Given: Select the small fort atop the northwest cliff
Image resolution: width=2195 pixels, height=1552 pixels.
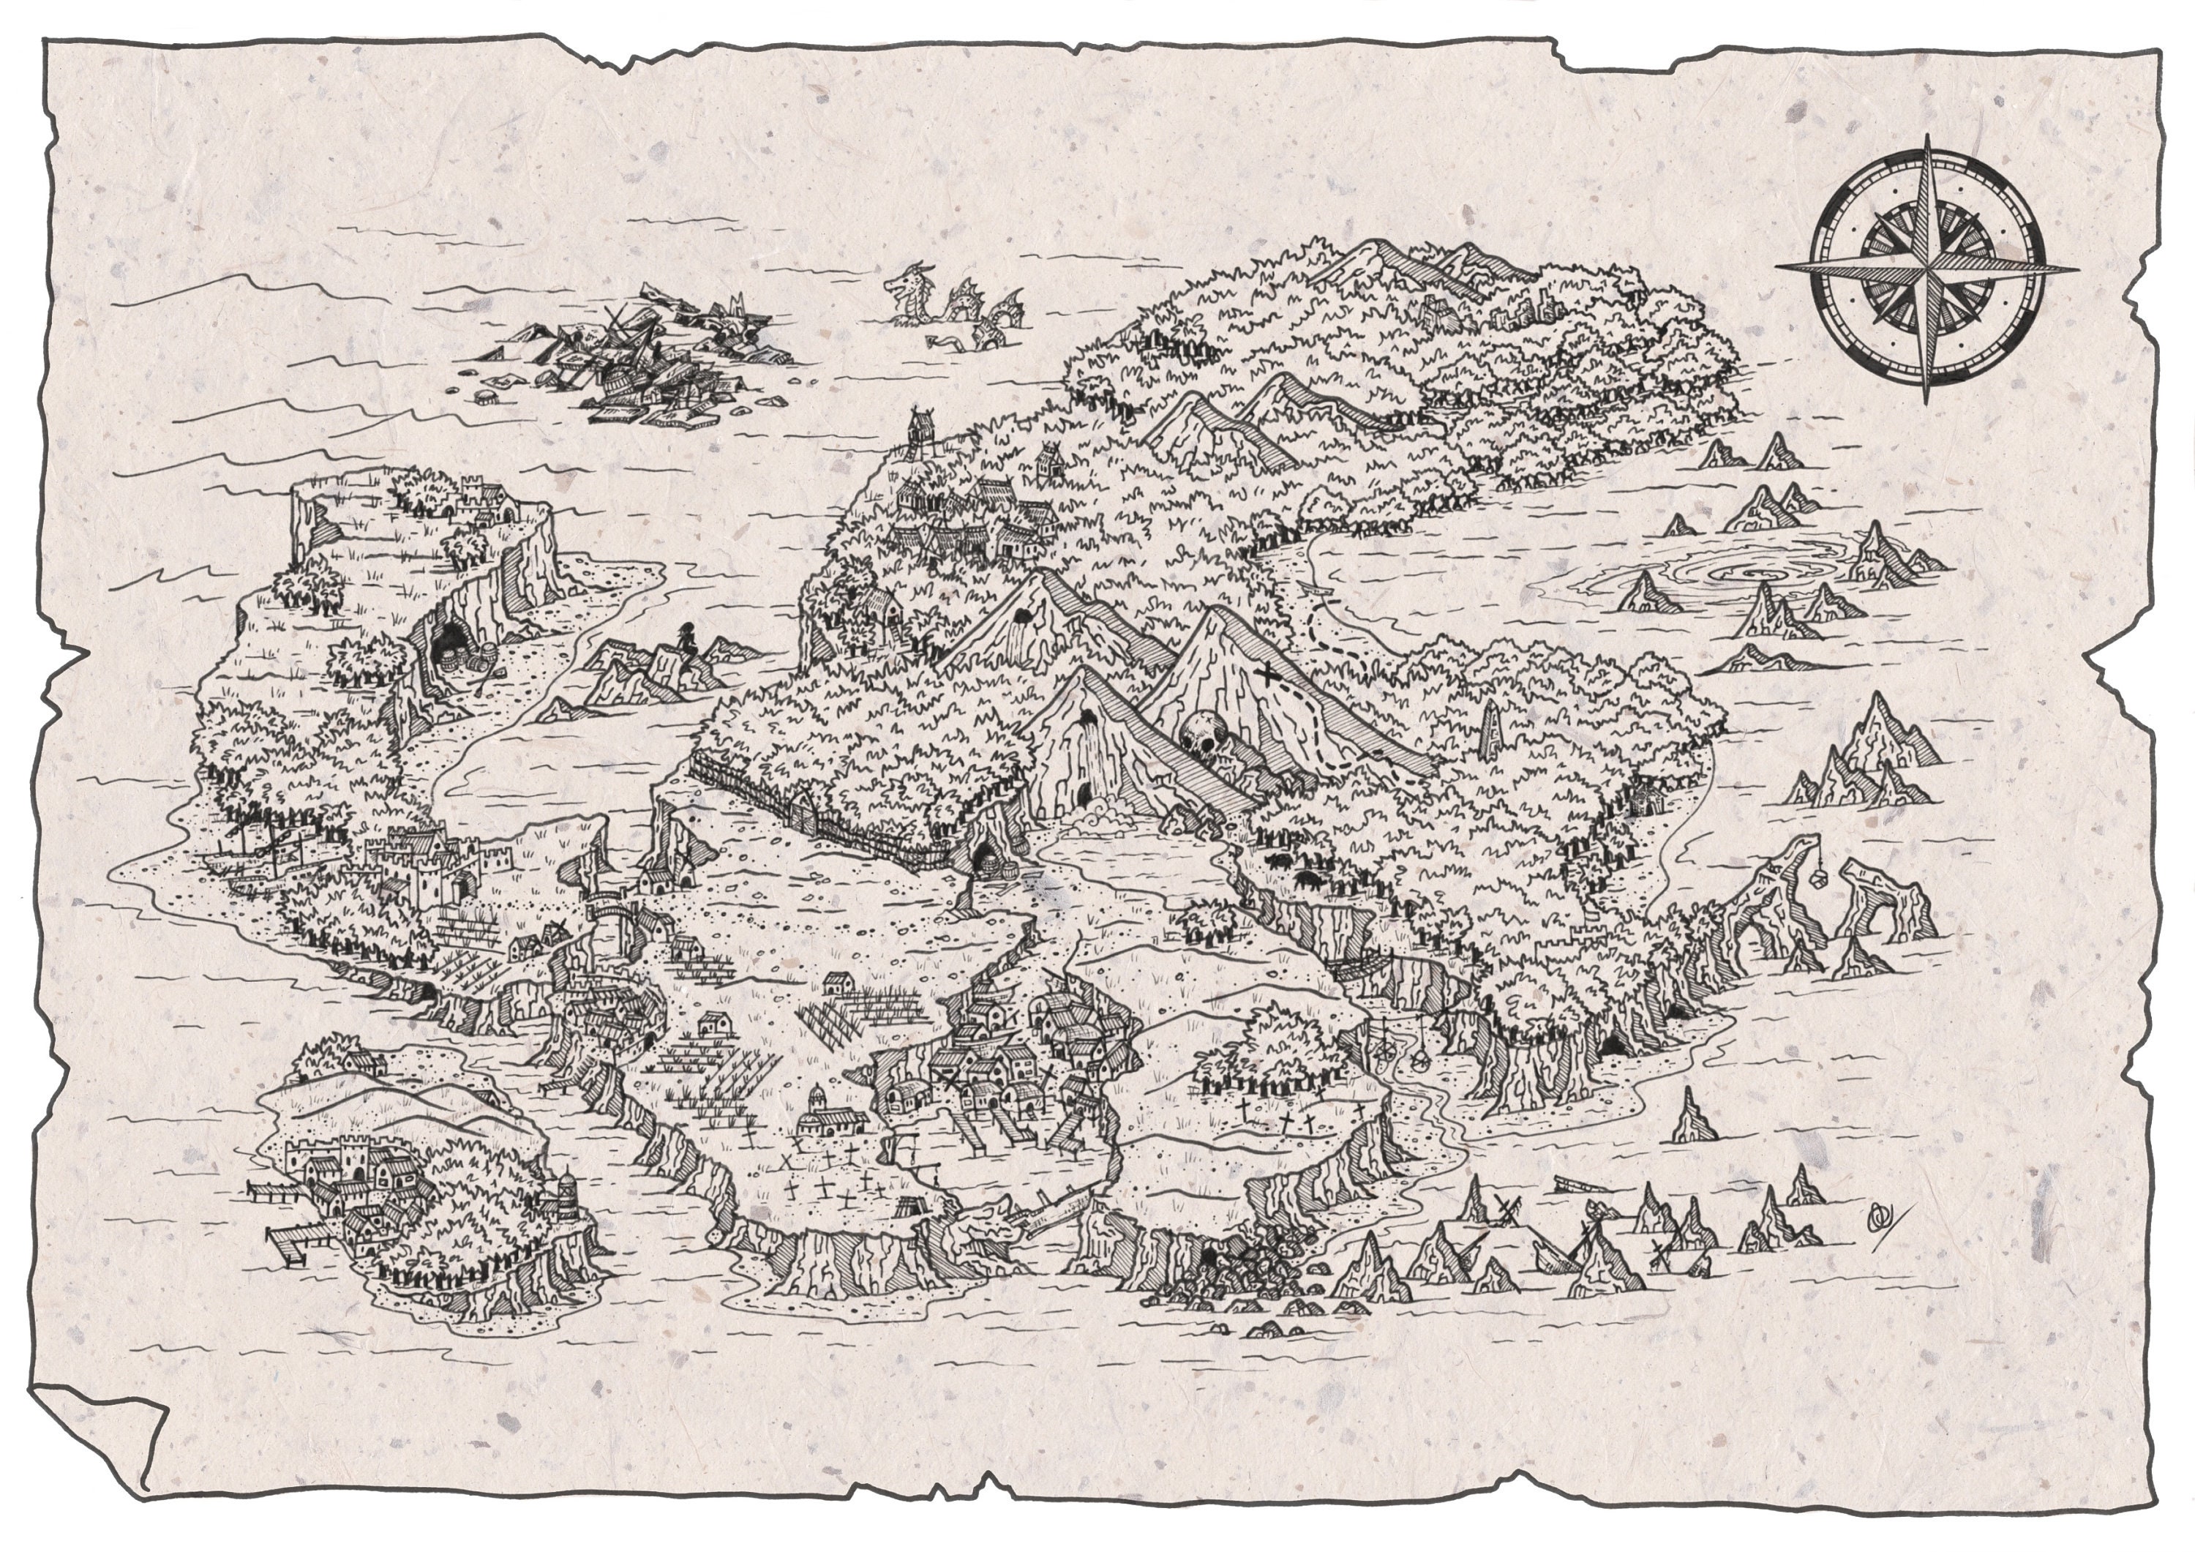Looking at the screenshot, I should tap(478, 495).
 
